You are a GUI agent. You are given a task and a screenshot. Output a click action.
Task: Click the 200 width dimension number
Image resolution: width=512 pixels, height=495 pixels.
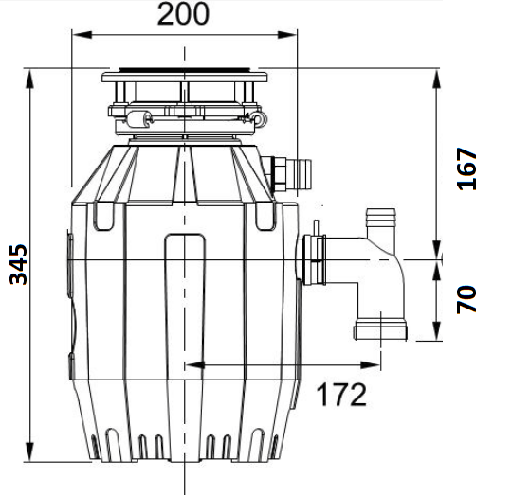tap(183, 14)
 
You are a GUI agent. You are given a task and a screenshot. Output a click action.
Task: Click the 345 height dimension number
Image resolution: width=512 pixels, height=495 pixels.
tap(19, 265)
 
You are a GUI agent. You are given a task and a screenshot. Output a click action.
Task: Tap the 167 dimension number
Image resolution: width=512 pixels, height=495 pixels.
tap(466, 168)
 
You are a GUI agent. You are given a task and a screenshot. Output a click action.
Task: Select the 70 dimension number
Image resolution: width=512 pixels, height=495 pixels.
tap(466, 300)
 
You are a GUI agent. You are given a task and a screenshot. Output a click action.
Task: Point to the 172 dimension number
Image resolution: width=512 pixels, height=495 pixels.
tap(341, 395)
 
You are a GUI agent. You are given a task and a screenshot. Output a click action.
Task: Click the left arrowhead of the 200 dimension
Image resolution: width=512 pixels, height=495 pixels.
tap(82, 34)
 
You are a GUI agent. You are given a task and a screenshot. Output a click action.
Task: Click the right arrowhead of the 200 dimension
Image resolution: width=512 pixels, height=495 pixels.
tap(287, 34)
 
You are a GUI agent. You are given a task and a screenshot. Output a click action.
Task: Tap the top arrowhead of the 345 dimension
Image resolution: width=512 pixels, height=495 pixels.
tap(29, 80)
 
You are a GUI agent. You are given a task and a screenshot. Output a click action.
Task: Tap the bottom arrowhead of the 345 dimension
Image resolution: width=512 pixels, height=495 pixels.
tap(29, 451)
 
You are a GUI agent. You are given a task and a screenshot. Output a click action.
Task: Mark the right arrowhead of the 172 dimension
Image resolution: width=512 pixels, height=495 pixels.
tap(371, 365)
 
